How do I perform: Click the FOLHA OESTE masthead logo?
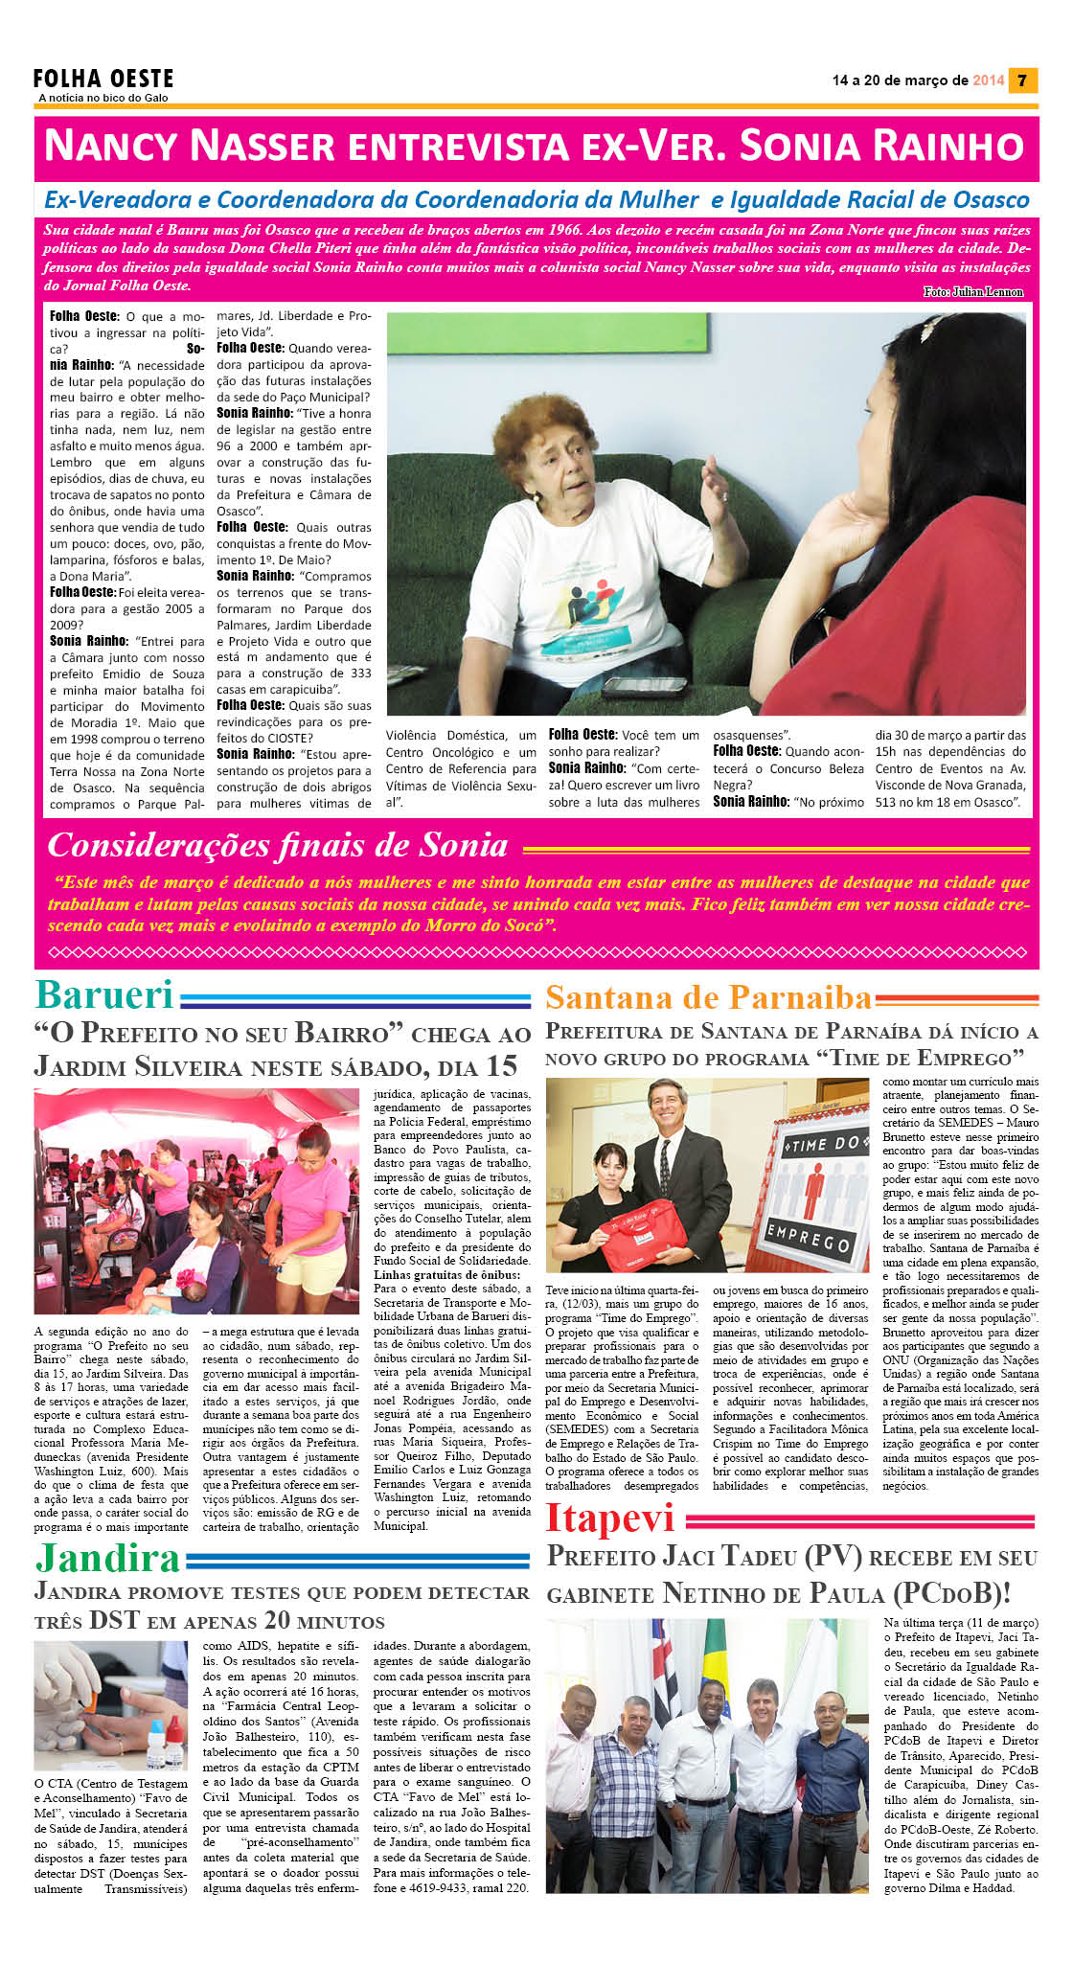click(103, 79)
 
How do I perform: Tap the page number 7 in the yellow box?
click(1022, 80)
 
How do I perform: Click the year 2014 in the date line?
click(988, 80)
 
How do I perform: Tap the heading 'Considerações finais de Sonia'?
click(278, 845)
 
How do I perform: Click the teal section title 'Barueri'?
click(103, 995)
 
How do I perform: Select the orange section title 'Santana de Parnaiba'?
click(708, 997)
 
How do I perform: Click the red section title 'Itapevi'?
click(610, 1518)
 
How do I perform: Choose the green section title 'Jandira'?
click(107, 1559)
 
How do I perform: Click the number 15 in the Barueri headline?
click(501, 1066)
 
